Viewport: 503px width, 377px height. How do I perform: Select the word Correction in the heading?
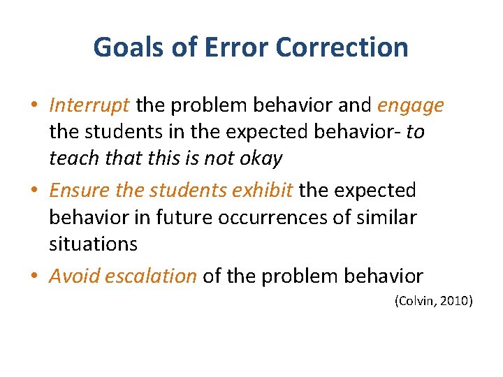tap(342, 47)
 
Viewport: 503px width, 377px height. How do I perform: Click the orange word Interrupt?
tap(89, 105)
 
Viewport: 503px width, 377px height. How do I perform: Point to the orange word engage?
tap(411, 105)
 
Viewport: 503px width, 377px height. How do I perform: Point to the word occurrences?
tap(275, 217)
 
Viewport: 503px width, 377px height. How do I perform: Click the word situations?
tap(93, 244)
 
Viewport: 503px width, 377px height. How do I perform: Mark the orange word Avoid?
tap(74, 276)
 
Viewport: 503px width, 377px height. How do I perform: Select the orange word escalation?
tap(151, 276)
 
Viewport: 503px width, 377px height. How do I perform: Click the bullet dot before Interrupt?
tap(34, 106)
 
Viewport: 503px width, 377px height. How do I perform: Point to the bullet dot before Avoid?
tap(34, 276)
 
